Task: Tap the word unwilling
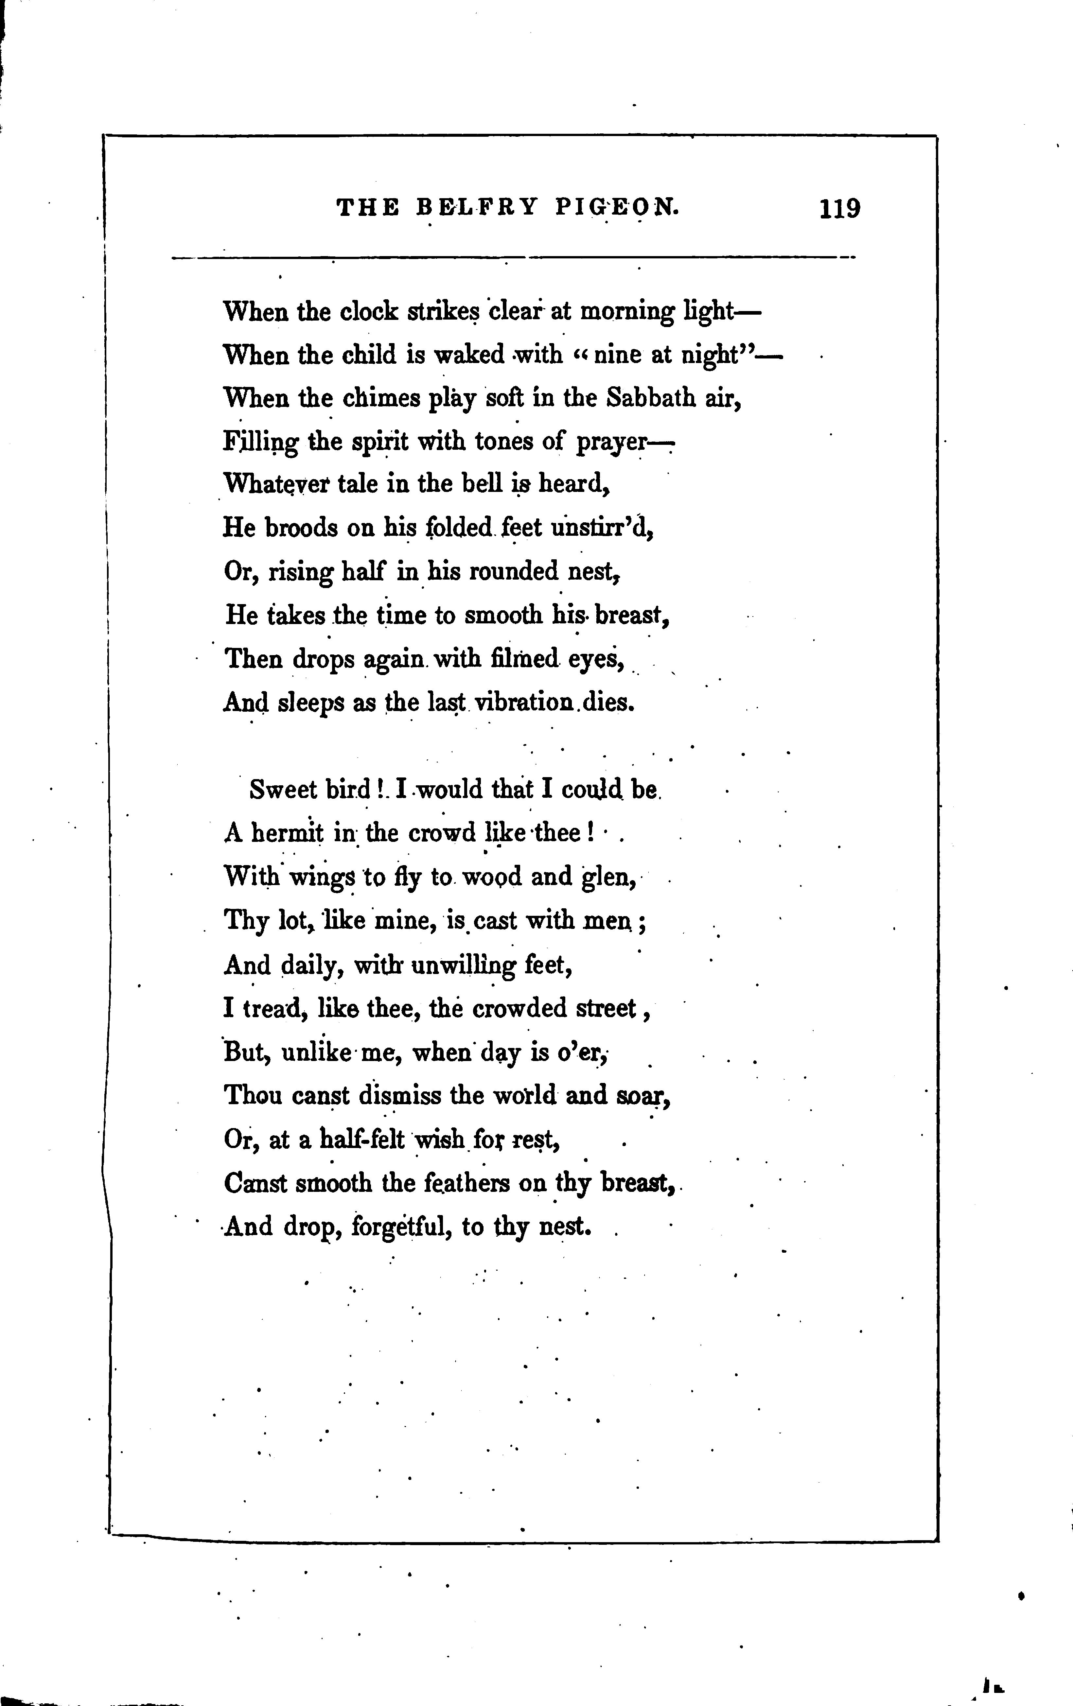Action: pyautogui.click(x=464, y=965)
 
